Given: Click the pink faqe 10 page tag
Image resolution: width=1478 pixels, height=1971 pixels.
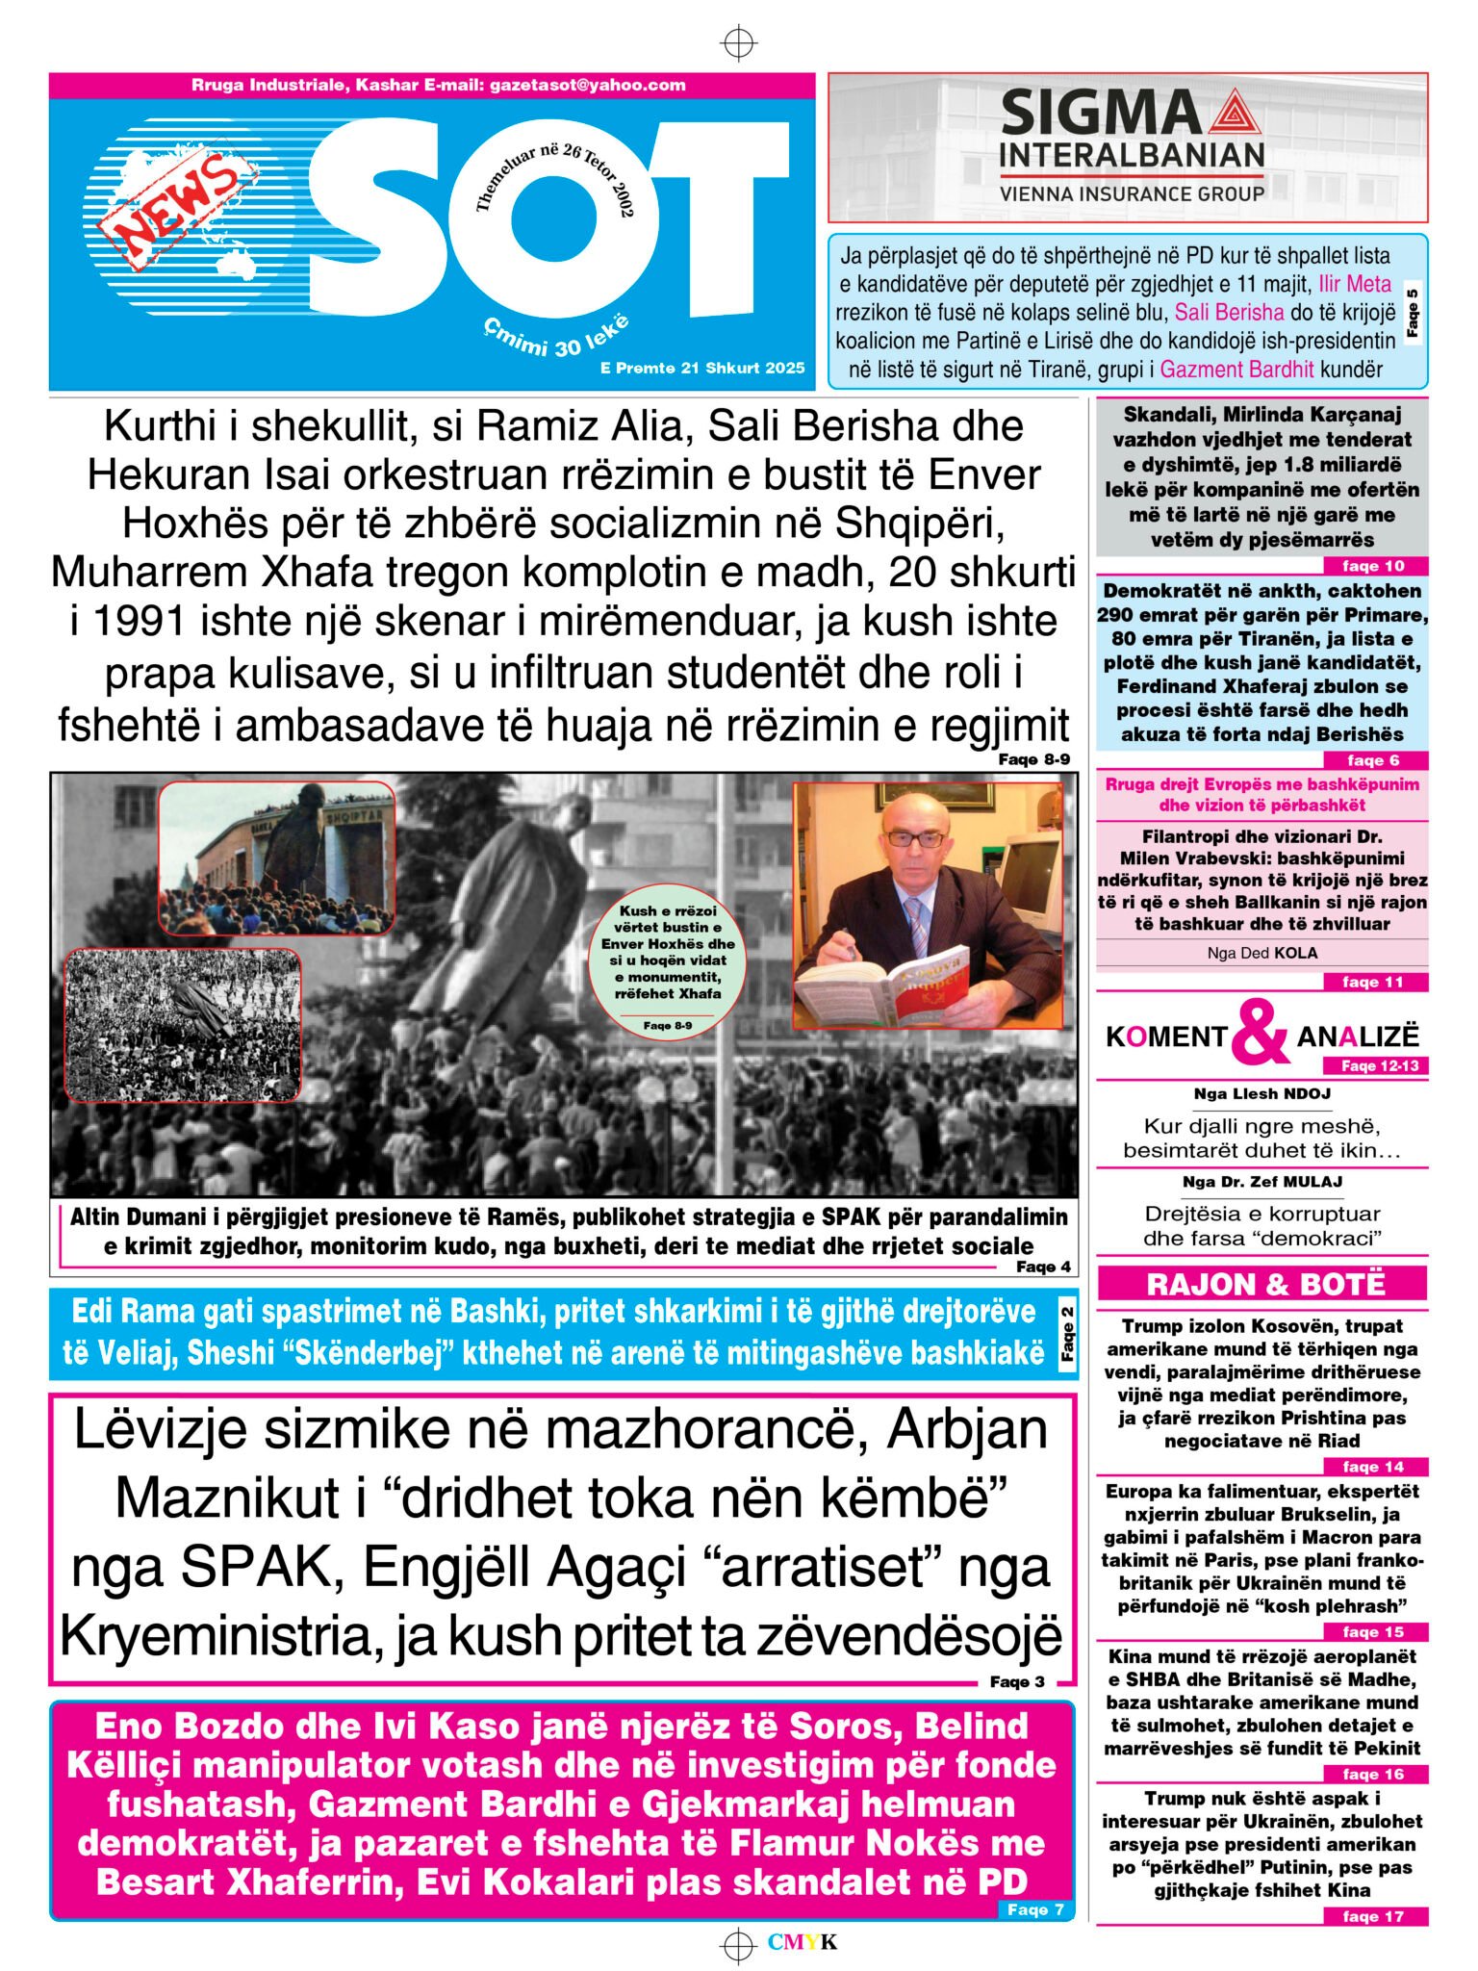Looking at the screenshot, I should (1372, 566).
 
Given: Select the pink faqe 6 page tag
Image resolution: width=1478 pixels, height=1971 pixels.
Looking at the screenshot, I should (1372, 760).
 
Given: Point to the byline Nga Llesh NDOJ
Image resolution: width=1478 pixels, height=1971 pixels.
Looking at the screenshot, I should (1261, 1093).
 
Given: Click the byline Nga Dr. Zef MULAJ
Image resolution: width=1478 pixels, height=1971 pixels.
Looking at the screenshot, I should (1261, 1181).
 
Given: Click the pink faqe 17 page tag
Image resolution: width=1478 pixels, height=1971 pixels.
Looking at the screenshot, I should (1372, 1916).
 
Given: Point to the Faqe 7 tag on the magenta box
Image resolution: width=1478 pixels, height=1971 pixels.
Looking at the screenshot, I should (1034, 1909).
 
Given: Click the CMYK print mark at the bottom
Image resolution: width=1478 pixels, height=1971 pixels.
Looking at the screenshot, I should (803, 1942).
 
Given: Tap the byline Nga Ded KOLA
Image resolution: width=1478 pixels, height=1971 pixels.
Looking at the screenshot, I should (1261, 953).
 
